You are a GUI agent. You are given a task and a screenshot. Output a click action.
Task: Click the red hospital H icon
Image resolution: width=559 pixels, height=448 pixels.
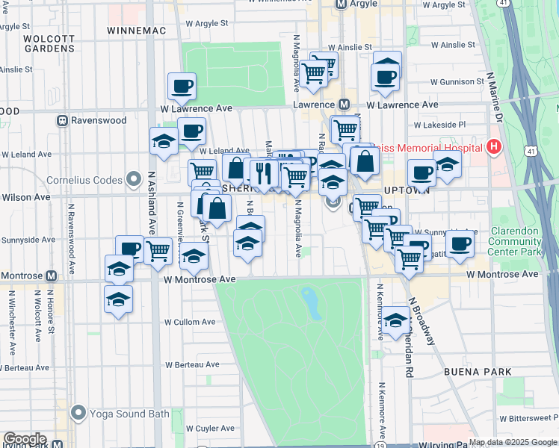point(492,147)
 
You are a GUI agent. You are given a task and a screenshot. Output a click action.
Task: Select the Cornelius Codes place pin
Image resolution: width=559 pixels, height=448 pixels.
point(134,179)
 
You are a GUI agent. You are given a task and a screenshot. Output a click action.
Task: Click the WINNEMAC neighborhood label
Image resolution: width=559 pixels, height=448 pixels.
point(134,31)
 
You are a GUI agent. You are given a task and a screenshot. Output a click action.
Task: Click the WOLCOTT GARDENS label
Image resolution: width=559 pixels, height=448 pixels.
point(49,43)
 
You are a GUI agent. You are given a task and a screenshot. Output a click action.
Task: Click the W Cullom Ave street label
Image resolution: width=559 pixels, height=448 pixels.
point(189,322)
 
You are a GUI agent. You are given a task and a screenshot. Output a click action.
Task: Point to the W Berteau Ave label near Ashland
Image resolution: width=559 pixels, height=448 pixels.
point(193,364)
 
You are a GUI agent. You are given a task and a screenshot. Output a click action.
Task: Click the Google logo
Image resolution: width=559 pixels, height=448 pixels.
point(25,439)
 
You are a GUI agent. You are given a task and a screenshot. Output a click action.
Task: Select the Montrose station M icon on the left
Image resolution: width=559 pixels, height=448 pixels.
point(51,276)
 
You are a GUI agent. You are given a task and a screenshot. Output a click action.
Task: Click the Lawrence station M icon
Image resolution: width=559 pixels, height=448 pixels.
point(345,105)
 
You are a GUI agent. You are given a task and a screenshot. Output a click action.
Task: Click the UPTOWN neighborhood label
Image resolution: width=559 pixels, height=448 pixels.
point(407,190)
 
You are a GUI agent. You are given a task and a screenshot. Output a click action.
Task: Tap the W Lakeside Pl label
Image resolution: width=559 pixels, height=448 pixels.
point(439,125)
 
